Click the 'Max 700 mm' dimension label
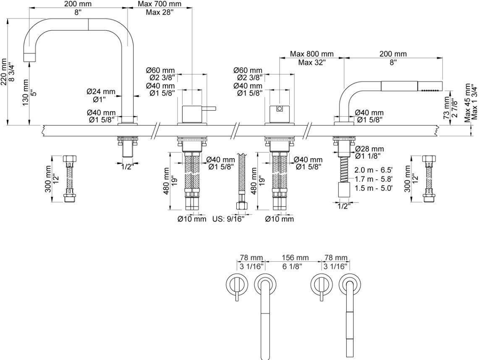click(160, 4)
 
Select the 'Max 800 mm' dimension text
click(312, 54)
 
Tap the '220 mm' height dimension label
click(4, 71)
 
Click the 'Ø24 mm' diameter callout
click(101, 91)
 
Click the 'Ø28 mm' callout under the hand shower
click(369, 149)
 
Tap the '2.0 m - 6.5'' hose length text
click(374, 171)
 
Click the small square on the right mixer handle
click(279, 110)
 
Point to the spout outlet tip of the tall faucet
click(29, 57)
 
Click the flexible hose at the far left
click(69, 178)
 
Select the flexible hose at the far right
click(428, 178)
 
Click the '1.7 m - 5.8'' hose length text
click(374, 179)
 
